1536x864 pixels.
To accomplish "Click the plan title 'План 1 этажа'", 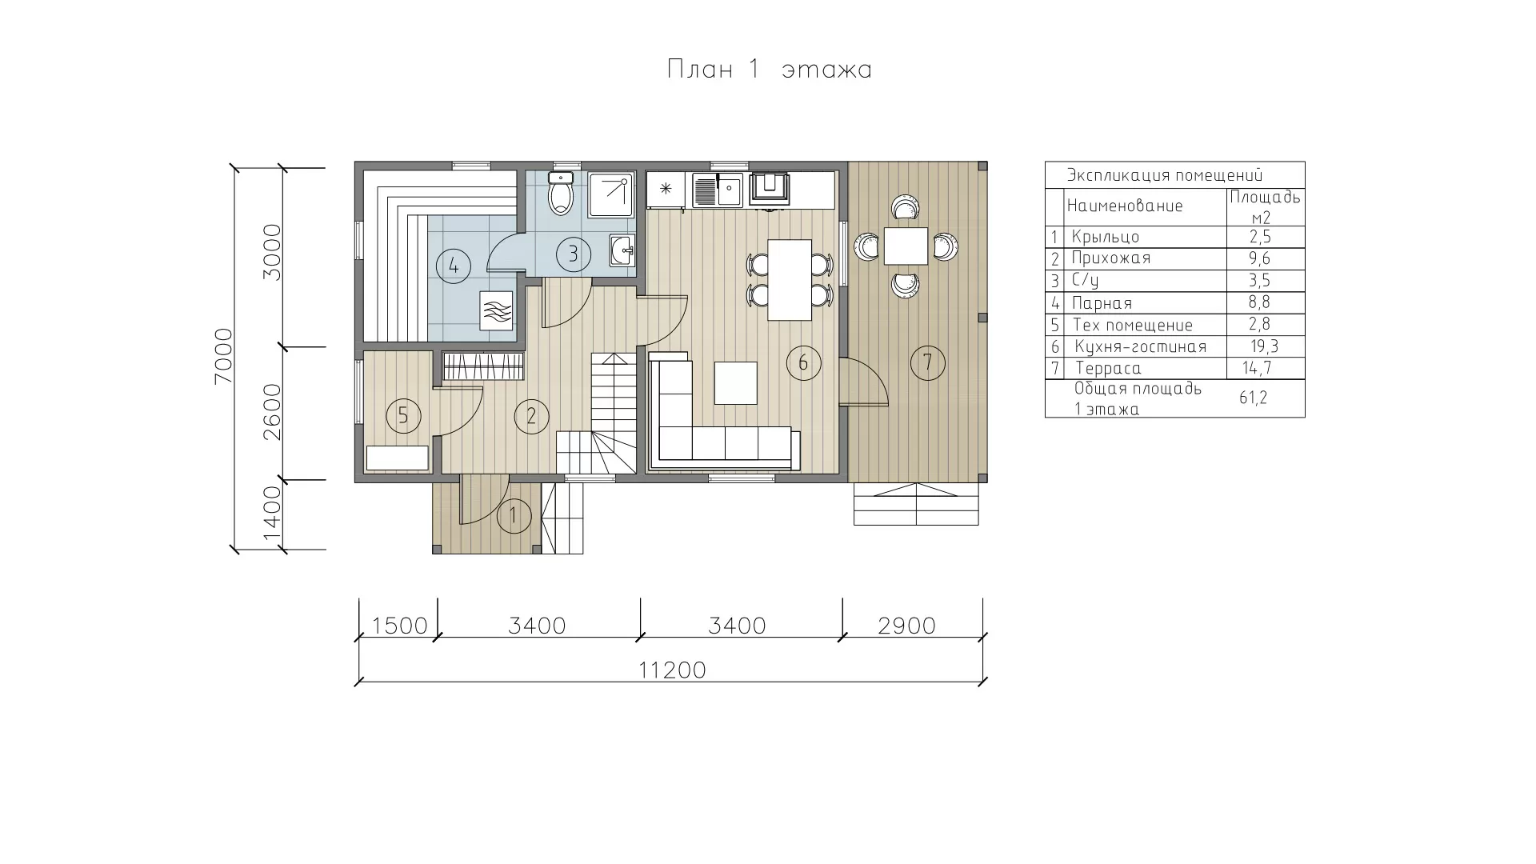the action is pyautogui.click(x=769, y=70).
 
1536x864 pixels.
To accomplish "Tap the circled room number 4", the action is pyautogui.click(x=454, y=265).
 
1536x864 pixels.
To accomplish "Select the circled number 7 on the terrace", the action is pyautogui.click(x=927, y=363).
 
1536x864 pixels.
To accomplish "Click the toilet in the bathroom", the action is pyautogui.click(x=562, y=192).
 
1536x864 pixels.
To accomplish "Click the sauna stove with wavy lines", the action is pyautogui.click(x=497, y=310).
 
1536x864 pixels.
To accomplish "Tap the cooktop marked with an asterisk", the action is pyautogui.click(x=665, y=190).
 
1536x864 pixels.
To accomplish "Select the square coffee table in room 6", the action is pyautogui.click(x=735, y=383).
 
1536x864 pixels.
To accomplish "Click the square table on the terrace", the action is pyautogui.click(x=906, y=246).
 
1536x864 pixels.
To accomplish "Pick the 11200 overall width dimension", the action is pyautogui.click(x=673, y=670).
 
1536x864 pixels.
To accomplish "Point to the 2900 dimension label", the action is pyautogui.click(x=906, y=626).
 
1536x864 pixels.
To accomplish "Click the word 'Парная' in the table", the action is pyautogui.click(x=1102, y=303).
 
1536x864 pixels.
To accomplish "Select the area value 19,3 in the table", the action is pyautogui.click(x=1265, y=346).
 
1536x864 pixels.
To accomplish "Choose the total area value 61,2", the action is pyautogui.click(x=1254, y=398).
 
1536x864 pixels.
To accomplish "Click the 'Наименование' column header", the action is pyautogui.click(x=1125, y=206).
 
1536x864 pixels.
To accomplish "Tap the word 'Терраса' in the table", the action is pyautogui.click(x=1109, y=368).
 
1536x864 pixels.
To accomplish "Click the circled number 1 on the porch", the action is pyautogui.click(x=514, y=516).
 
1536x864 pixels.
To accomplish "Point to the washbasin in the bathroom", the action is pyautogui.click(x=622, y=251).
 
